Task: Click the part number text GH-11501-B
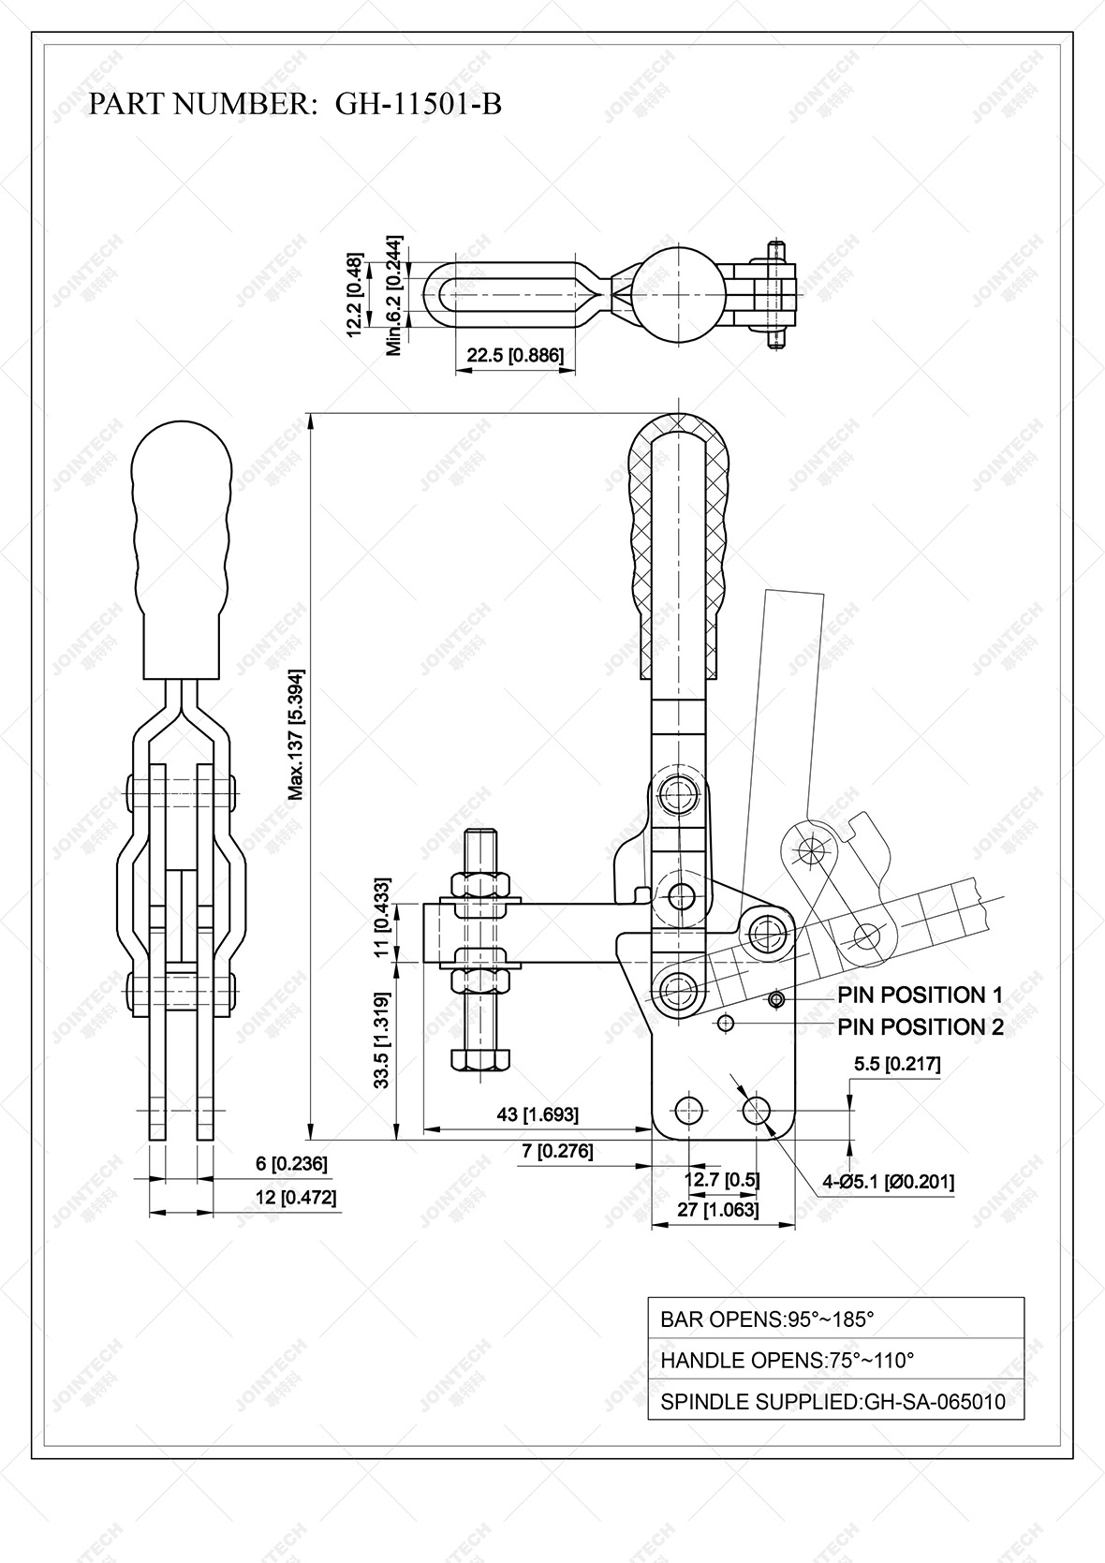tap(418, 104)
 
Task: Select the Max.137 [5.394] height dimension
tap(296, 734)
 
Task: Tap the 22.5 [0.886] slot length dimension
tap(515, 356)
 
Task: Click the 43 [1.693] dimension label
tap(537, 1114)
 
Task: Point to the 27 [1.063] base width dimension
tap(718, 1209)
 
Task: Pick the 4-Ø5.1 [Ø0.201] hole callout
tap(888, 1182)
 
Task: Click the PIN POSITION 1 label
tap(920, 995)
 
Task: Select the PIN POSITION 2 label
tap(920, 1026)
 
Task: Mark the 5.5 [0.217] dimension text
tap(896, 1064)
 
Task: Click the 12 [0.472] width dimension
tap(295, 1197)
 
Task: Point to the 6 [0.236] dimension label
tap(291, 1164)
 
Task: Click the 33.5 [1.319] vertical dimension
tap(381, 1040)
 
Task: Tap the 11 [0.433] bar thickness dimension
tap(381, 918)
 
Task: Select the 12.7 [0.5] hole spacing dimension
tap(721, 1179)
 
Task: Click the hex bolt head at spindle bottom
tap(479, 1058)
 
